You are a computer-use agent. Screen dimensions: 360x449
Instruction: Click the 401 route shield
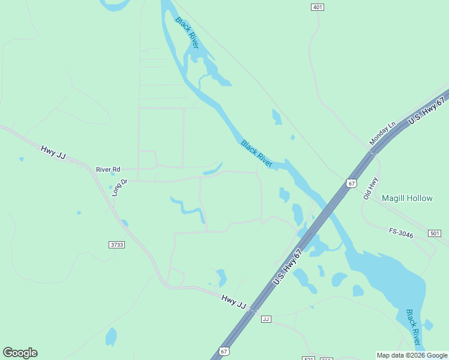[318, 7]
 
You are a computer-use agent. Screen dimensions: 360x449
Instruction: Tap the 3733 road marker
[116, 245]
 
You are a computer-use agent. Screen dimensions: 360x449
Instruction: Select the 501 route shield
[435, 233]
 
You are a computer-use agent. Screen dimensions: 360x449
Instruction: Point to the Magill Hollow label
[407, 198]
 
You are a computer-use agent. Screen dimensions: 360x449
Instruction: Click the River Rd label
[108, 170]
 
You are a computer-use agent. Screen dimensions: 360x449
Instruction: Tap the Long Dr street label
[119, 187]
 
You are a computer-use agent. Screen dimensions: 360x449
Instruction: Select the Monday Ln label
[383, 133]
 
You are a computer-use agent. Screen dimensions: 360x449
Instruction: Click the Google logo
[20, 353]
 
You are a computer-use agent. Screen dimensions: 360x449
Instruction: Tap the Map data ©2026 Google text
[412, 356]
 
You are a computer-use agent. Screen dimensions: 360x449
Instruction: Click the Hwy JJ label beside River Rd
[53, 152]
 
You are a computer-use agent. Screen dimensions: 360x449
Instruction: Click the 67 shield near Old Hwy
[352, 183]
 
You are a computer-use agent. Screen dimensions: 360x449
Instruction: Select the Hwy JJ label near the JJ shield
[234, 301]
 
